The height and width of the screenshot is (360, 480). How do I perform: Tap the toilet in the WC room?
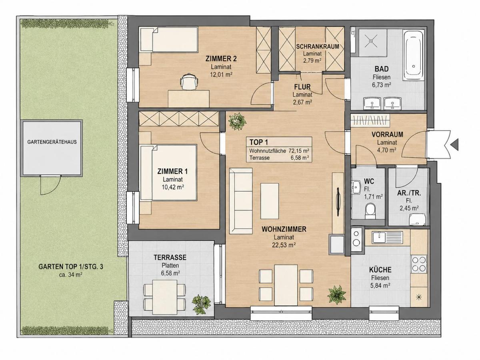370,211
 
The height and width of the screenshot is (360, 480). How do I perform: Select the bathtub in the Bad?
414,56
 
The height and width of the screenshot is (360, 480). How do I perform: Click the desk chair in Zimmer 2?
189,82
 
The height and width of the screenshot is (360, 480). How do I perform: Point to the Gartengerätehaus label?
52,142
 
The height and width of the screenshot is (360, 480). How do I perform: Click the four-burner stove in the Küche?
419,264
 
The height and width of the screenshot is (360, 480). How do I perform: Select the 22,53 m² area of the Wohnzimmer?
284,245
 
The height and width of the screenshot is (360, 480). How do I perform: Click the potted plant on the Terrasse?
201,304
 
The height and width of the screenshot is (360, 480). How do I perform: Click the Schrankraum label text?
318,46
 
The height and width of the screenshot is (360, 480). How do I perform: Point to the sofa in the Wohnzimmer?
241,201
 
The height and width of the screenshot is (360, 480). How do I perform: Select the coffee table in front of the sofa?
270,201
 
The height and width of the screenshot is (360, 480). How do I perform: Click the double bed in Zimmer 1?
168,173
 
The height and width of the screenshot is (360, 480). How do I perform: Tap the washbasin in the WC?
356,187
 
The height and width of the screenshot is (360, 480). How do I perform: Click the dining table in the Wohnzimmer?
286,285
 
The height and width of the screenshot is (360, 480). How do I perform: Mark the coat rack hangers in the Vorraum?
370,120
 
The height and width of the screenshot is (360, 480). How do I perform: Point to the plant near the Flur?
237,122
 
